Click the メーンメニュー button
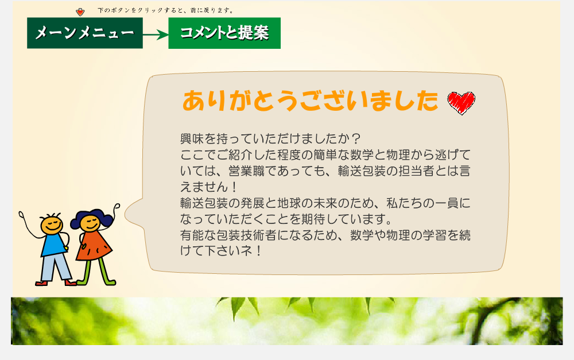click(85, 33)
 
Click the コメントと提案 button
click(224, 33)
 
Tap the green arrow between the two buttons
click(156, 35)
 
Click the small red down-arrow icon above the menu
click(80, 12)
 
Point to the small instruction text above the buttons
click(165, 10)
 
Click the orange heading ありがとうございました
click(310, 100)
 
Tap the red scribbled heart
click(461, 103)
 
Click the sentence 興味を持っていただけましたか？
click(270, 139)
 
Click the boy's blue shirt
click(53, 244)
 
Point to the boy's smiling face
click(52, 224)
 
